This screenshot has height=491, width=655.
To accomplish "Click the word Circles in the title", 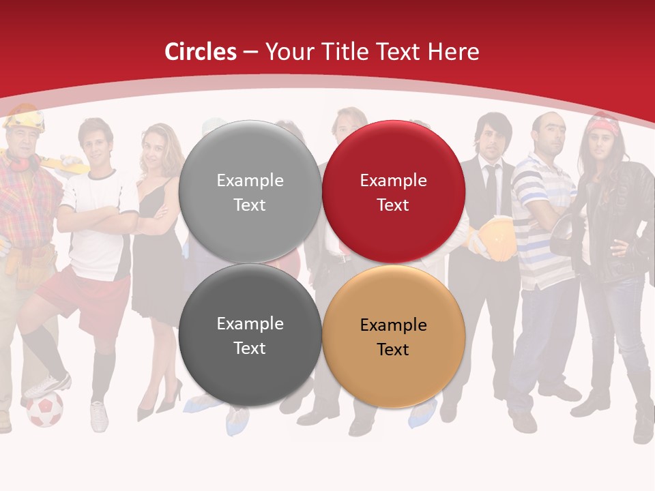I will (201, 52).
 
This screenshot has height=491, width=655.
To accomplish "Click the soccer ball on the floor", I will (44, 409).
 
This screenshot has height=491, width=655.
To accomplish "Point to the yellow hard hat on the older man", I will (25, 119).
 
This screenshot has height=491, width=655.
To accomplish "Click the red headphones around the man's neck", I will (20, 164).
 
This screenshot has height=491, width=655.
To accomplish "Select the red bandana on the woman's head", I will (603, 126).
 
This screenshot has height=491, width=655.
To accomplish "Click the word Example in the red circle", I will (393, 181).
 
